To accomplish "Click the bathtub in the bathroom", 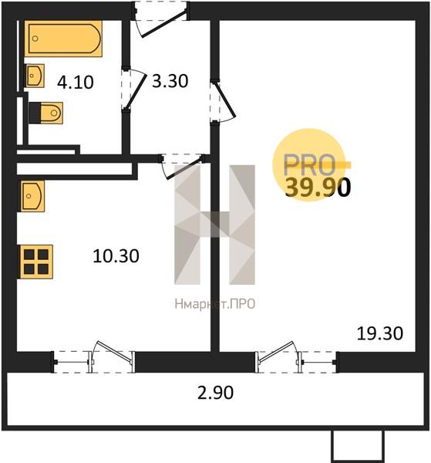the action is [63, 39].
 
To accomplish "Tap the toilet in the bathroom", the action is [46, 113].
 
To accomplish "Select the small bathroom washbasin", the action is [35, 76].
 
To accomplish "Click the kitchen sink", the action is [32, 196].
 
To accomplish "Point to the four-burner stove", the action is [36, 262].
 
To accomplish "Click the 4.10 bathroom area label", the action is [76, 82].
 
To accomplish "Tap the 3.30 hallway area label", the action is [170, 81].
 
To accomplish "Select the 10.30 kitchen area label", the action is [116, 256].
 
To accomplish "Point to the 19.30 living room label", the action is [380, 333].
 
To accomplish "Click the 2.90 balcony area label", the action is [215, 393].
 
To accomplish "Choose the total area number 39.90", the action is [318, 188].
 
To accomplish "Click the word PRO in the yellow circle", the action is [309, 164].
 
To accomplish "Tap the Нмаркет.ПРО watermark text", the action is [215, 304].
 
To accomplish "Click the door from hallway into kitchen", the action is [181, 165].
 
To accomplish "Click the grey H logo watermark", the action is [215, 225].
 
